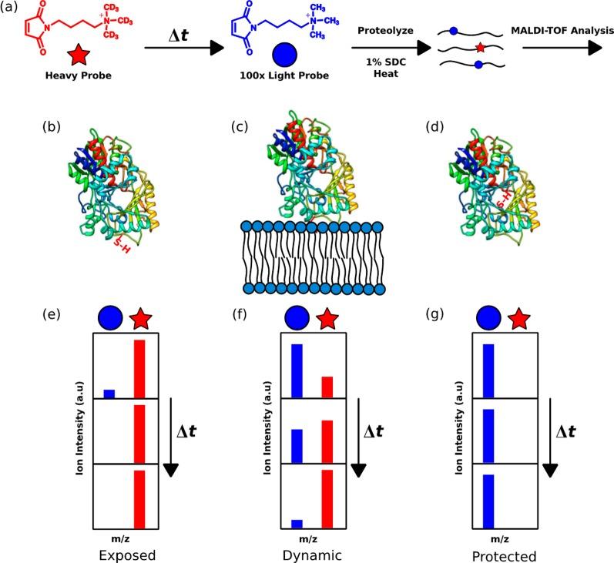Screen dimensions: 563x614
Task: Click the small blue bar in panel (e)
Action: (x=109, y=394)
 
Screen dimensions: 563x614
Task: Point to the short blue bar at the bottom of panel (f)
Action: (x=297, y=524)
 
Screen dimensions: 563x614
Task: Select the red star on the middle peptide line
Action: (x=480, y=48)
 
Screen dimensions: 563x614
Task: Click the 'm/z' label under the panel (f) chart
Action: (x=307, y=538)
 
